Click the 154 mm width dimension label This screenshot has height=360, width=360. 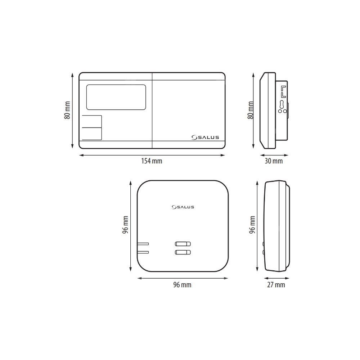[x=152, y=161]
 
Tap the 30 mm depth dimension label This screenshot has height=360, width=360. [x=274, y=161]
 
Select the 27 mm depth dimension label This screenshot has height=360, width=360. [x=276, y=285]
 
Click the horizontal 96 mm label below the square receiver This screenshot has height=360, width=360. [x=182, y=285]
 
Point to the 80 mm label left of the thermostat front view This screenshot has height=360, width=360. [x=67, y=110]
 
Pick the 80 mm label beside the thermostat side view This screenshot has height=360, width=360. [x=251, y=110]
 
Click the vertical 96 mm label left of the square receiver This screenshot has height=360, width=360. [x=125, y=225]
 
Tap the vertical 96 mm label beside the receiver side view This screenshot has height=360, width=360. [x=252, y=225]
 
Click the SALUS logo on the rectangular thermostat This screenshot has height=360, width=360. [x=205, y=137]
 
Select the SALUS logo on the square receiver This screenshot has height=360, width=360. [x=183, y=207]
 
